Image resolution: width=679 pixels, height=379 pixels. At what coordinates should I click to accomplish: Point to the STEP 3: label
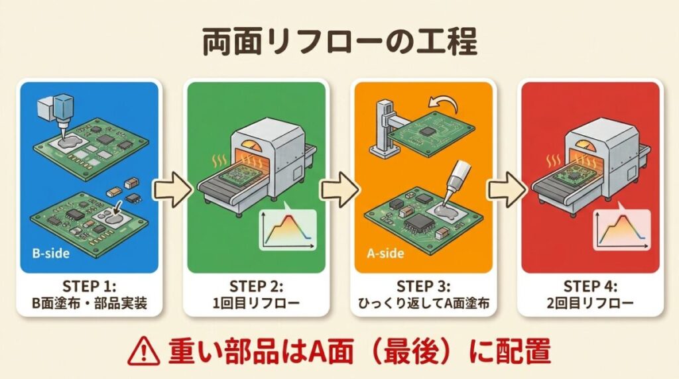point(423,287)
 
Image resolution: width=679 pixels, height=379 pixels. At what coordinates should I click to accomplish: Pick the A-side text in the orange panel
point(383,253)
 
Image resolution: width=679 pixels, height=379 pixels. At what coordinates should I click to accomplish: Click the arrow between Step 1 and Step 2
point(171,190)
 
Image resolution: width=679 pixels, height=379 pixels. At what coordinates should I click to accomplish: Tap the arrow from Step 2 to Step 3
point(338,190)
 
